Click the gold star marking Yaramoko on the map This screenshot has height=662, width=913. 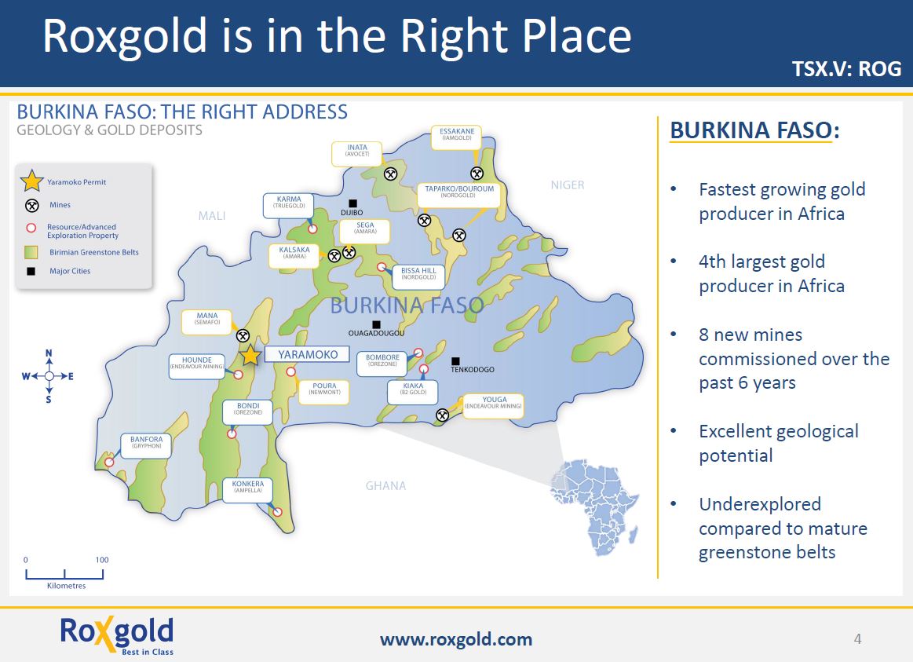[250, 355]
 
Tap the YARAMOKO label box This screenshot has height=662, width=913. [308, 354]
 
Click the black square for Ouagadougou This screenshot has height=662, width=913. [377, 324]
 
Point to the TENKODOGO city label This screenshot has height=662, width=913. [473, 370]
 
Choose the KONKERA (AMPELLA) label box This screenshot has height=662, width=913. [248, 490]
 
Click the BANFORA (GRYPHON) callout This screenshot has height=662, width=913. [146, 445]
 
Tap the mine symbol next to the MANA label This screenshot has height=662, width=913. [243, 336]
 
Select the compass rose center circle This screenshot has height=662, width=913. [49, 376]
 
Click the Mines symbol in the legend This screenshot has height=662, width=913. [32, 205]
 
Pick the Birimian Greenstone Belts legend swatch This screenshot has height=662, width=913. [31, 252]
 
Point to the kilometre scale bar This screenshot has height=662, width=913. [64, 574]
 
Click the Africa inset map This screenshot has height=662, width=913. [594, 506]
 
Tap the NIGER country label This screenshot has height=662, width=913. [568, 185]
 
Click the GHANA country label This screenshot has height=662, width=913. [386, 485]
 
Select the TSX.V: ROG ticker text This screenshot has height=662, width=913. [846, 68]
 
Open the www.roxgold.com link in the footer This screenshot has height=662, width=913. [456, 639]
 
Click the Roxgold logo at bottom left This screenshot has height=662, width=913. [116, 635]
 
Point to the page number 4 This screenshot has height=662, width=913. [858, 638]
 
